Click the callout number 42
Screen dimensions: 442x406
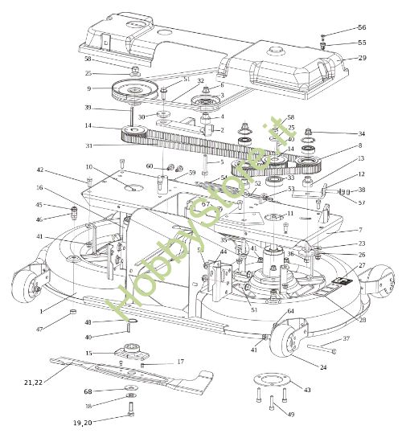[39, 170]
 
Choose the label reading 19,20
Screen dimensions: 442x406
[83, 422]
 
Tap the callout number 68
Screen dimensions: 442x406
[88, 391]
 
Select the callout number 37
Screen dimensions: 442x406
[347, 338]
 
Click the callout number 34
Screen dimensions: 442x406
[361, 133]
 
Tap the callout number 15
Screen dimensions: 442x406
[88, 354]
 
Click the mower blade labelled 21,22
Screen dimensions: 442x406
[129, 371]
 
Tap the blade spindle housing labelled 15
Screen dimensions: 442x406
[129, 353]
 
